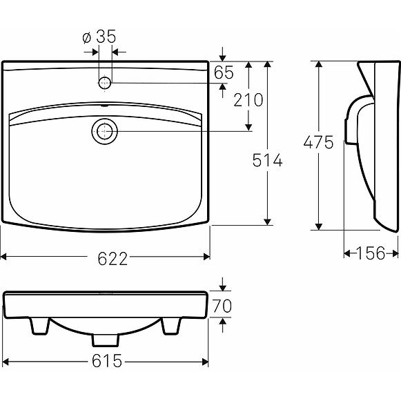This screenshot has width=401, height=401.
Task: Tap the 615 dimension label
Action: tap(107, 360)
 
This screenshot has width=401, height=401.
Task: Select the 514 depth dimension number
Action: tap(266, 160)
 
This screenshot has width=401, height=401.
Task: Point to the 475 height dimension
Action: tap(319, 142)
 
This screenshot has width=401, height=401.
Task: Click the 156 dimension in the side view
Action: tap(371, 253)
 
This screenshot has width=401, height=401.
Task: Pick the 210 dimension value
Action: tap(248, 99)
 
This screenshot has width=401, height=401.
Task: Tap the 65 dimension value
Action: tap(224, 71)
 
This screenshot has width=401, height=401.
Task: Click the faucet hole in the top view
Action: tap(105, 82)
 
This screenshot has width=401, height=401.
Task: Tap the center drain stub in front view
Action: tap(104, 340)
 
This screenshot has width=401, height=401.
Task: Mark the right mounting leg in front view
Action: tap(171, 326)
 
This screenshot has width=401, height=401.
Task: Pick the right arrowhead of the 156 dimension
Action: tap(395, 253)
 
